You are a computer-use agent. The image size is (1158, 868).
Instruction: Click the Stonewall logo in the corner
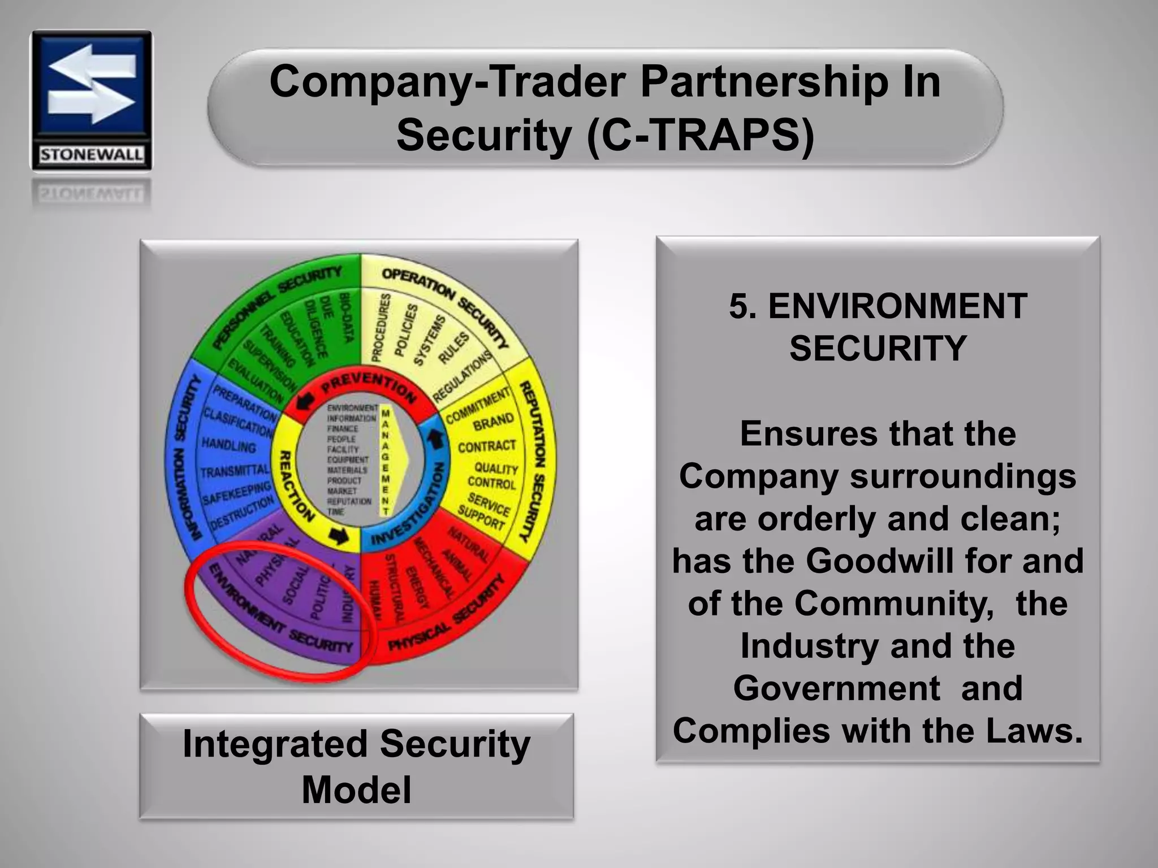coord(91,100)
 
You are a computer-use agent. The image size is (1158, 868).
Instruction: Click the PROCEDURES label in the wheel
coord(381,328)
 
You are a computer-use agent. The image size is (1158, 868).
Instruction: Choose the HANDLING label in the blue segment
coord(228,445)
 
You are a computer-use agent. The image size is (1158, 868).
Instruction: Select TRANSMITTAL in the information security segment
coord(235,471)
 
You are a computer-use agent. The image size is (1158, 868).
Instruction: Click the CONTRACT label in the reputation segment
coord(487,446)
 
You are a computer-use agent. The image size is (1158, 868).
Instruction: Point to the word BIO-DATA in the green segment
coord(346,317)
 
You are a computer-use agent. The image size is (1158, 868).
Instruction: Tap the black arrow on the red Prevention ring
coord(306,401)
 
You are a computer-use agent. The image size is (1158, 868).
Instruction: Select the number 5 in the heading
coord(738,306)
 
